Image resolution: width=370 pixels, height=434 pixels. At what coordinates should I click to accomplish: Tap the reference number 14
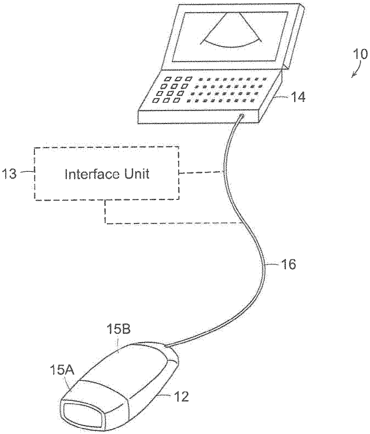coord(297,97)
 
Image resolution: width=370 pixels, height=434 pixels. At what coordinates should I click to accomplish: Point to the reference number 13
coord(10,174)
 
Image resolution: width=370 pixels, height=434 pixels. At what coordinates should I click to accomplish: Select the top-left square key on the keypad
coord(168,79)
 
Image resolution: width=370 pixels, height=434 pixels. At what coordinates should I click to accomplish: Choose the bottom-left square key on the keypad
coord(155,101)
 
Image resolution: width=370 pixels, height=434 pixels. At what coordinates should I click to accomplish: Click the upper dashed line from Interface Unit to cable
coord(200,172)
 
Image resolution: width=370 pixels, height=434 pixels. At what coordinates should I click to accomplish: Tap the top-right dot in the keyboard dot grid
coord(264,79)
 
